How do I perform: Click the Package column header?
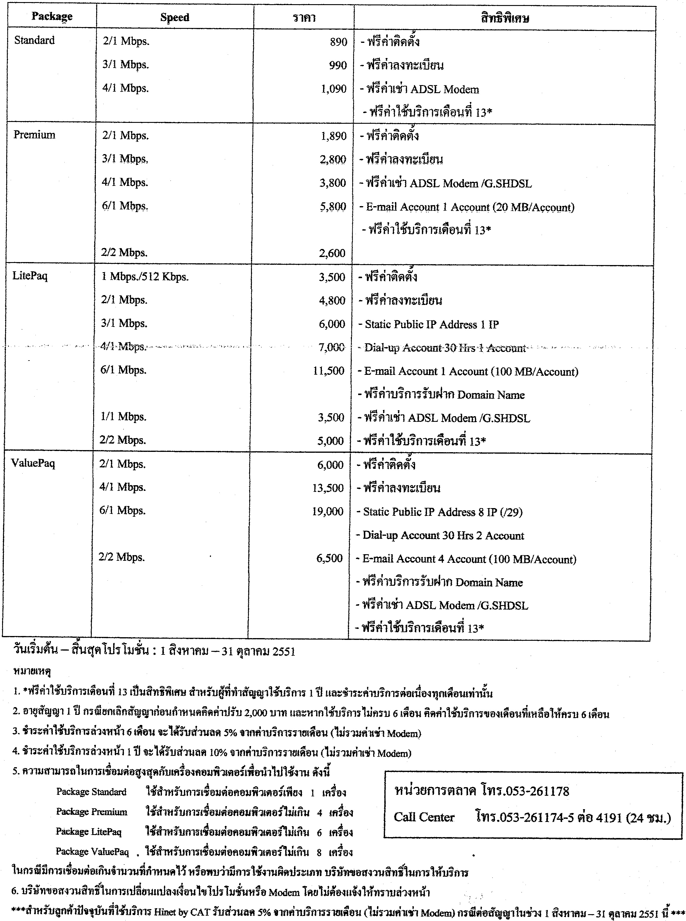tap(52, 17)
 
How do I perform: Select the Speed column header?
tap(174, 18)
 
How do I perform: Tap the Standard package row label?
tap(35, 40)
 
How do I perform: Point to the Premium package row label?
tap(35, 135)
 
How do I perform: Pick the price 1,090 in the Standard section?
tap(333, 88)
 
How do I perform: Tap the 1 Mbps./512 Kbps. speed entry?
tap(145, 277)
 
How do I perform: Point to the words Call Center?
tap(424, 817)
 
